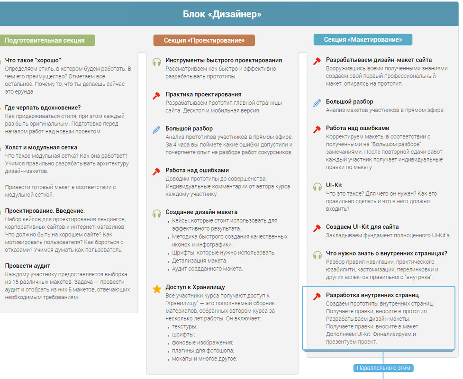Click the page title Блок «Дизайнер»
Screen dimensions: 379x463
(x=222, y=14)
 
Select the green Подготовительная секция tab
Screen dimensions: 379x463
(x=45, y=40)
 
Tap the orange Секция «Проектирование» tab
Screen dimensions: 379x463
(x=204, y=40)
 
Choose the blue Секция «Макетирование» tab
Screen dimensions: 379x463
(x=363, y=39)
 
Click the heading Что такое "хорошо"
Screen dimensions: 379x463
(x=33, y=60)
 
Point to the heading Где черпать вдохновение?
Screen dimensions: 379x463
(x=43, y=108)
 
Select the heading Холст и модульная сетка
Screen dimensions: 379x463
(x=41, y=147)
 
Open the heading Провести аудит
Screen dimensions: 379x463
(x=27, y=266)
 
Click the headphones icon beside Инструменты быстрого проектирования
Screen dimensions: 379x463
(x=157, y=62)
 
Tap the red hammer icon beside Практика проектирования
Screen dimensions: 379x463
(x=157, y=96)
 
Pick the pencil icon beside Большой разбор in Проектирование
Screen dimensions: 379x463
(x=157, y=129)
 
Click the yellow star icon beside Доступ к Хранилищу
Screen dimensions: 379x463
(x=157, y=289)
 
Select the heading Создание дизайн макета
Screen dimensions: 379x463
(x=201, y=212)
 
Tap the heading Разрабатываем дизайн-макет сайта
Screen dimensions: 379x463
(x=379, y=60)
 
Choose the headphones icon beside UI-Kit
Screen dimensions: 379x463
(x=317, y=187)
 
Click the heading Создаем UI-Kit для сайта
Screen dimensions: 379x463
(x=362, y=227)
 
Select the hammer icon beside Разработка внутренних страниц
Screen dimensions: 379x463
(x=317, y=297)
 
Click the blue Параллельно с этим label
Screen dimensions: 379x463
(x=383, y=368)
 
